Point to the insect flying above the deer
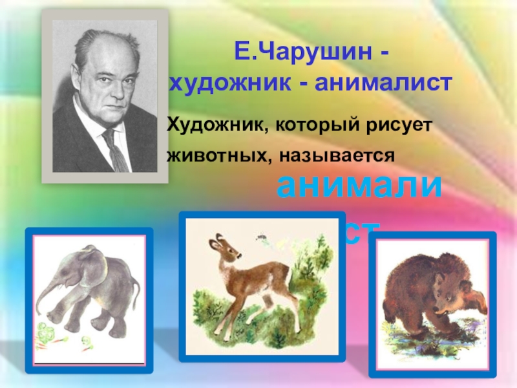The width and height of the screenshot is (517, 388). [x=262, y=238]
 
